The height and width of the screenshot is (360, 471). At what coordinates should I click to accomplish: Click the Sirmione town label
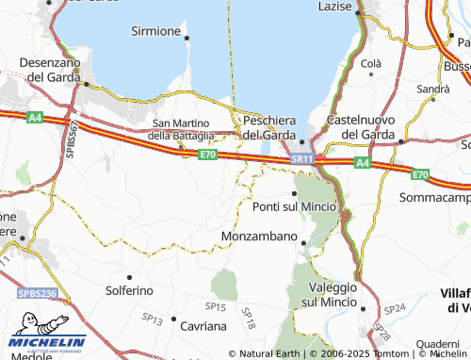tap(154, 31)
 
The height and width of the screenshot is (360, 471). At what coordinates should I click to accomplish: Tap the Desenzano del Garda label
tap(46, 69)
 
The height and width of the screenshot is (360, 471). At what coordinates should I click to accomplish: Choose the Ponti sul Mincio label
tap(294, 206)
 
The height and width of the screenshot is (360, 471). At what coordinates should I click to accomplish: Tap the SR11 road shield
tap(301, 161)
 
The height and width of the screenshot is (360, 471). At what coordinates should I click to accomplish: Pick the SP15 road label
tap(216, 307)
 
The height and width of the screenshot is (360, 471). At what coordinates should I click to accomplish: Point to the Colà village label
tap(370, 63)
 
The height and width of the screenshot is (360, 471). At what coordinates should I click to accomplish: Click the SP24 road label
tap(396, 308)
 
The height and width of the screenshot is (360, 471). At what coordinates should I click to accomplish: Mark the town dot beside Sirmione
tap(187, 38)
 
